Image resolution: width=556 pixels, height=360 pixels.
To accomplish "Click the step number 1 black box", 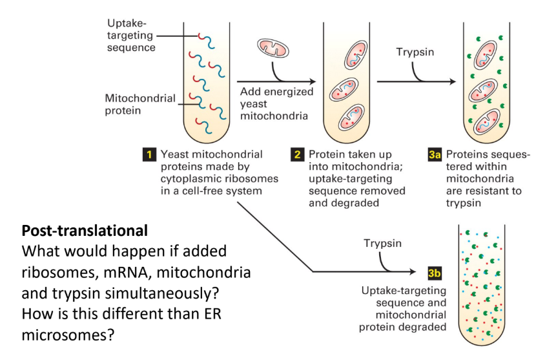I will pos(149,155).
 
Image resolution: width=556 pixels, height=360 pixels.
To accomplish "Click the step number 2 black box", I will pos(298,155).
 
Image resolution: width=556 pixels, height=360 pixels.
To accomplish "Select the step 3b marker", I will pos(434,273).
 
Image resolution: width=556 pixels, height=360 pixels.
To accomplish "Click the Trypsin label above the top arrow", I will pos(415,51).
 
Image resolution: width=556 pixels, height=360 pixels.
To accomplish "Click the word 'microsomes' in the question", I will pos(56,337).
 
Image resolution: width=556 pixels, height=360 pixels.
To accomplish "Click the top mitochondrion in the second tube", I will pos(354,55).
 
